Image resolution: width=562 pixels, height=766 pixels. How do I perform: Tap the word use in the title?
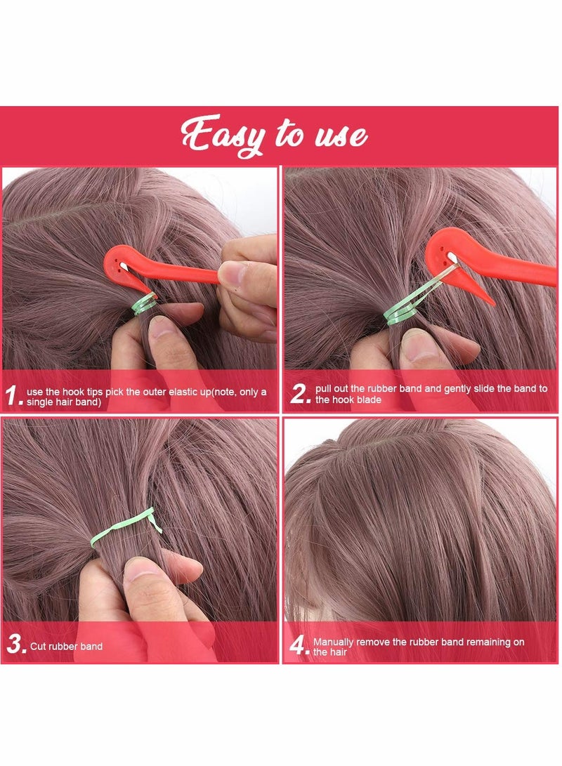tap(338, 135)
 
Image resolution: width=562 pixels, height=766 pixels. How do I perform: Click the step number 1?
tap(13, 396)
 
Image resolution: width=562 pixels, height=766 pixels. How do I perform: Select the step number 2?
tap(300, 395)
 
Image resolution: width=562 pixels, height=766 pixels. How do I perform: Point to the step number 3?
tap(15, 645)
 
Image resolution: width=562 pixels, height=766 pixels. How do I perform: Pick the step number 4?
tap(299, 645)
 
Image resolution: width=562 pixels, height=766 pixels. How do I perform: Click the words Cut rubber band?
tap(65, 646)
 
